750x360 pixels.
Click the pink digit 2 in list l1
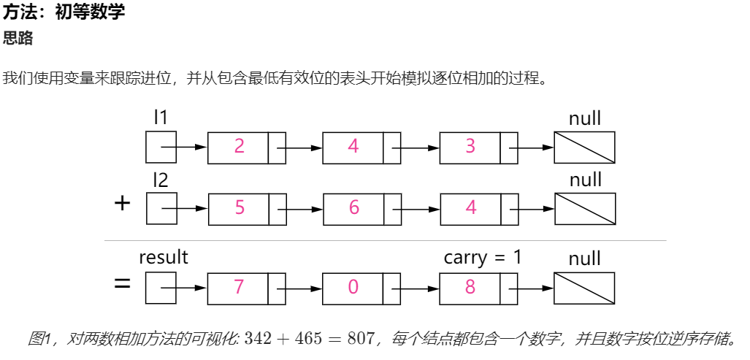point(239,146)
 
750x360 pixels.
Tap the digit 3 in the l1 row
point(470,146)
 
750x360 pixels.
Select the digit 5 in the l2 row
point(240,207)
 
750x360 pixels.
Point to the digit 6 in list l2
point(354,207)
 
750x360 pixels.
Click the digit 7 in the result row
point(239,287)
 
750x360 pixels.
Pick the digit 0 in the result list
point(353,287)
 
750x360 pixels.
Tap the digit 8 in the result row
point(470,287)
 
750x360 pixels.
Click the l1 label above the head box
point(161,118)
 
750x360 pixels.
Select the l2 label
point(161,180)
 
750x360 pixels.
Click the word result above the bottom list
point(164,257)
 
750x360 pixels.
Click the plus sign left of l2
point(123,204)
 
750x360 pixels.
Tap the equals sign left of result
point(123,284)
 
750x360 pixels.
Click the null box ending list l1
point(584,148)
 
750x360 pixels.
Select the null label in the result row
point(584,258)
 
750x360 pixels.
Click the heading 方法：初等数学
point(64,12)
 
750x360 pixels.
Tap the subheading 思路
point(18,38)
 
